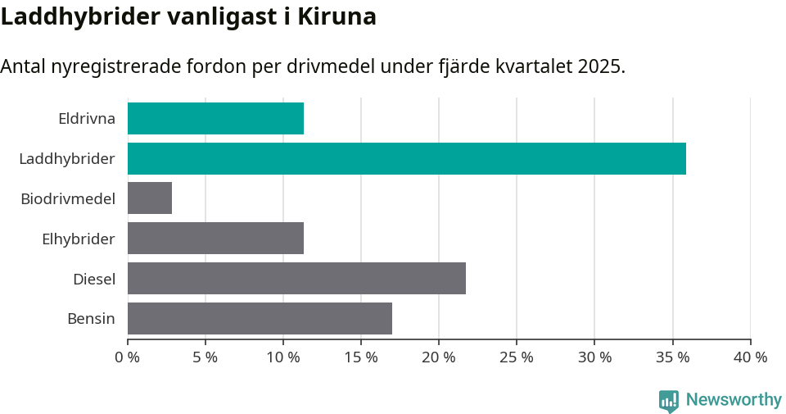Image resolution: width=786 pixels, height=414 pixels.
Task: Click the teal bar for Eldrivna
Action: coord(215,118)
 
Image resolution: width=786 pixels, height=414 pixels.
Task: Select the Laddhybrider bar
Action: coord(406,158)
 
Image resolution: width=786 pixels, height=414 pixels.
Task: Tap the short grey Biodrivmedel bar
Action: coord(150,198)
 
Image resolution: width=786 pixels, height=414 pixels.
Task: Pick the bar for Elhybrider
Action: coord(215,239)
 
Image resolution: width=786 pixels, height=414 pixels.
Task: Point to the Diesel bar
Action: coord(296,279)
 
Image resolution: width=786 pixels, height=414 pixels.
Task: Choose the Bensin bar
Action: coord(260,319)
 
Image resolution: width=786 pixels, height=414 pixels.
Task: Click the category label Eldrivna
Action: coord(87,118)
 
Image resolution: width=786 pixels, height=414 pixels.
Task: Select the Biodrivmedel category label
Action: coord(68,198)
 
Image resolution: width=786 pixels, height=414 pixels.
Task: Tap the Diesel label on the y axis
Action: coord(94,279)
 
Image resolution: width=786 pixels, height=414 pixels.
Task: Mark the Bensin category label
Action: coord(91,319)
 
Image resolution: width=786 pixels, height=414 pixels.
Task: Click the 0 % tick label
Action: coord(128,357)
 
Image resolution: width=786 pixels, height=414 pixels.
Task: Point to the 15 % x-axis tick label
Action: coord(361,357)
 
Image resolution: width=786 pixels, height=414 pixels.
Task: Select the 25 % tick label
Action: coord(517,357)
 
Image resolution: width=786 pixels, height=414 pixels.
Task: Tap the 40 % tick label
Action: coord(750,357)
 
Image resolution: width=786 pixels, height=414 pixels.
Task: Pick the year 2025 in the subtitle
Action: coord(600,66)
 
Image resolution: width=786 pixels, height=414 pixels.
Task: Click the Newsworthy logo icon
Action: coord(669,400)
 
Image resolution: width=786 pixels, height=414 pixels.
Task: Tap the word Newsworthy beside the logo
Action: coord(734,400)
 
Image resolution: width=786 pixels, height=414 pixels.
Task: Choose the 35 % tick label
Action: coord(672,357)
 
